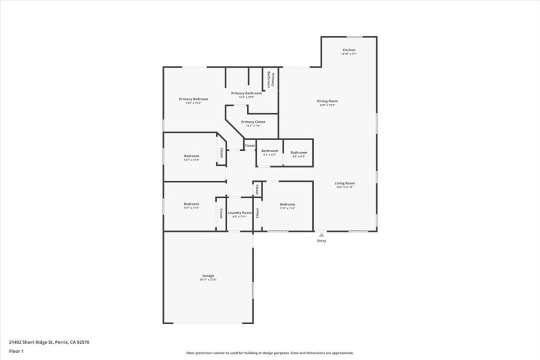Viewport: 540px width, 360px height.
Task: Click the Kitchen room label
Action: (x=349, y=50)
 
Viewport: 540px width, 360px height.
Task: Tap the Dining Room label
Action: (x=327, y=101)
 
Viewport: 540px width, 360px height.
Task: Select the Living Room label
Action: (x=344, y=183)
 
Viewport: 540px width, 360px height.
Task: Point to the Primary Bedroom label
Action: (x=193, y=99)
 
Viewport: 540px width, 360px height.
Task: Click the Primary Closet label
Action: (x=253, y=122)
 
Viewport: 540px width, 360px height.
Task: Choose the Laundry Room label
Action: (x=239, y=213)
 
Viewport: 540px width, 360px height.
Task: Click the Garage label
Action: (x=208, y=276)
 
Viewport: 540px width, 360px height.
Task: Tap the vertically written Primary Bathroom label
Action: (x=271, y=79)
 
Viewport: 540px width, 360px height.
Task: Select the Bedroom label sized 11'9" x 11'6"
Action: (x=287, y=205)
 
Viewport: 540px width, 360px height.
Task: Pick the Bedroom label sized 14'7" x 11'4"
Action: (x=191, y=156)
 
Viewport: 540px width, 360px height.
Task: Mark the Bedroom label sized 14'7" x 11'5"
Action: (x=191, y=204)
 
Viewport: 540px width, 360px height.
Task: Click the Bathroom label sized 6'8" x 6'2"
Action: (x=298, y=153)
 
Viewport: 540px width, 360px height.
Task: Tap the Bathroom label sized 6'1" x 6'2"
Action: (x=269, y=151)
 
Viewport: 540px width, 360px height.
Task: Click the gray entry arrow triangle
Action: (x=321, y=235)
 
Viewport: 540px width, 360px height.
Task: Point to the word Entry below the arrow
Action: (x=321, y=241)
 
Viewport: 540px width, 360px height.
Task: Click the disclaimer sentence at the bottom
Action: (x=269, y=353)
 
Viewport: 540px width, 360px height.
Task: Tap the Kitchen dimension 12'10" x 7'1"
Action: (x=349, y=54)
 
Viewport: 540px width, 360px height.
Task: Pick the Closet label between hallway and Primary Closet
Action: (x=249, y=145)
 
